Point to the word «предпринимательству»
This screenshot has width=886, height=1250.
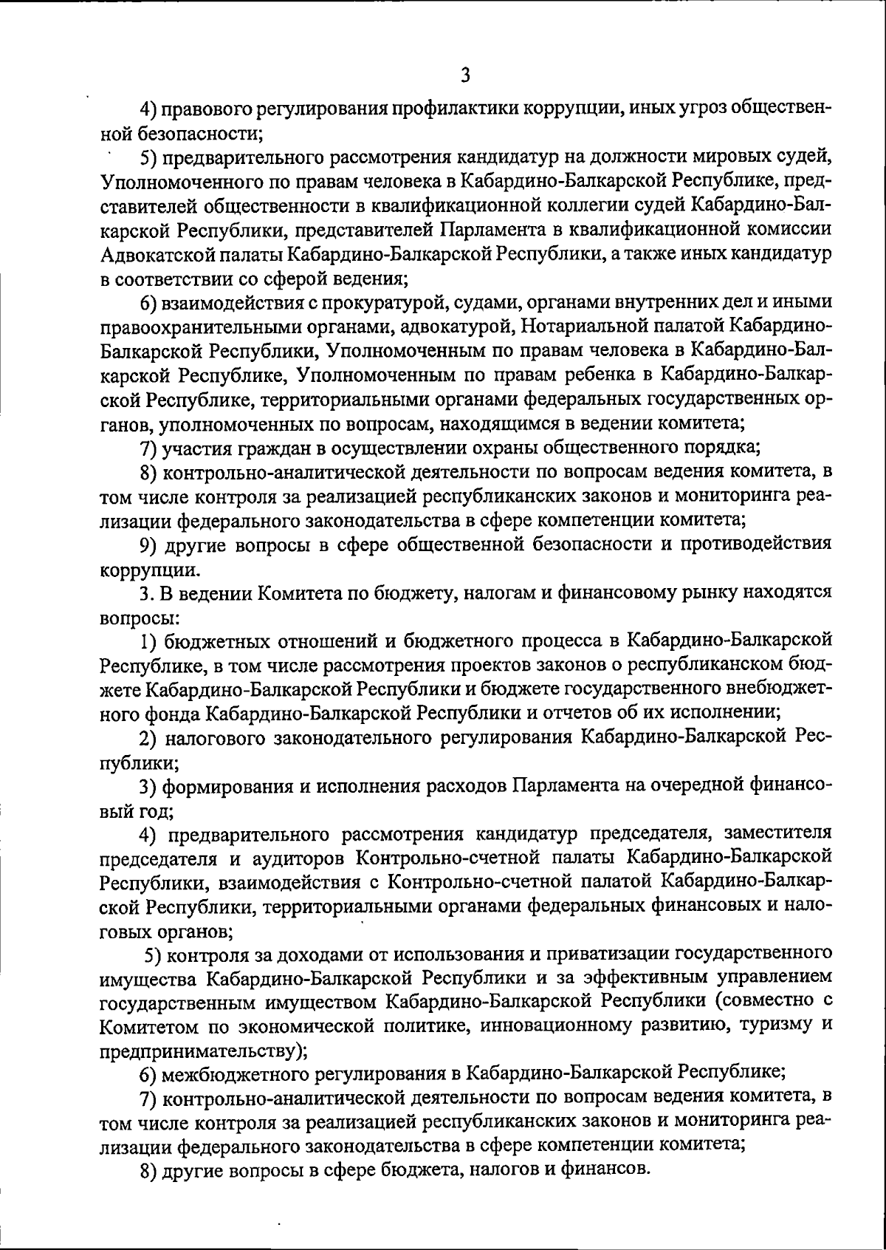pos(198,1050)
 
